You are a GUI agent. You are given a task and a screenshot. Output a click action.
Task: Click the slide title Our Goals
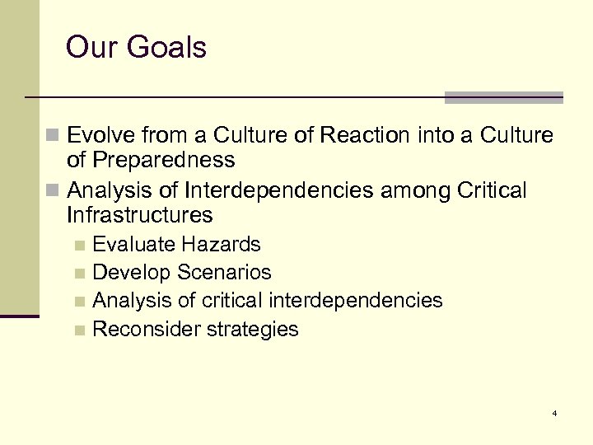(x=136, y=47)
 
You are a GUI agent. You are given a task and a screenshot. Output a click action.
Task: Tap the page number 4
(x=555, y=412)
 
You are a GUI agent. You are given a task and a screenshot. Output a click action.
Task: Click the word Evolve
(x=104, y=134)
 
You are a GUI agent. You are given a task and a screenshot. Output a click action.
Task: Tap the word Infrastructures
(x=140, y=216)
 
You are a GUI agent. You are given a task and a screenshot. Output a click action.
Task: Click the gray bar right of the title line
(x=503, y=97)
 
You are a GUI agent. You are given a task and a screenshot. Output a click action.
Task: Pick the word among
(x=410, y=192)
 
